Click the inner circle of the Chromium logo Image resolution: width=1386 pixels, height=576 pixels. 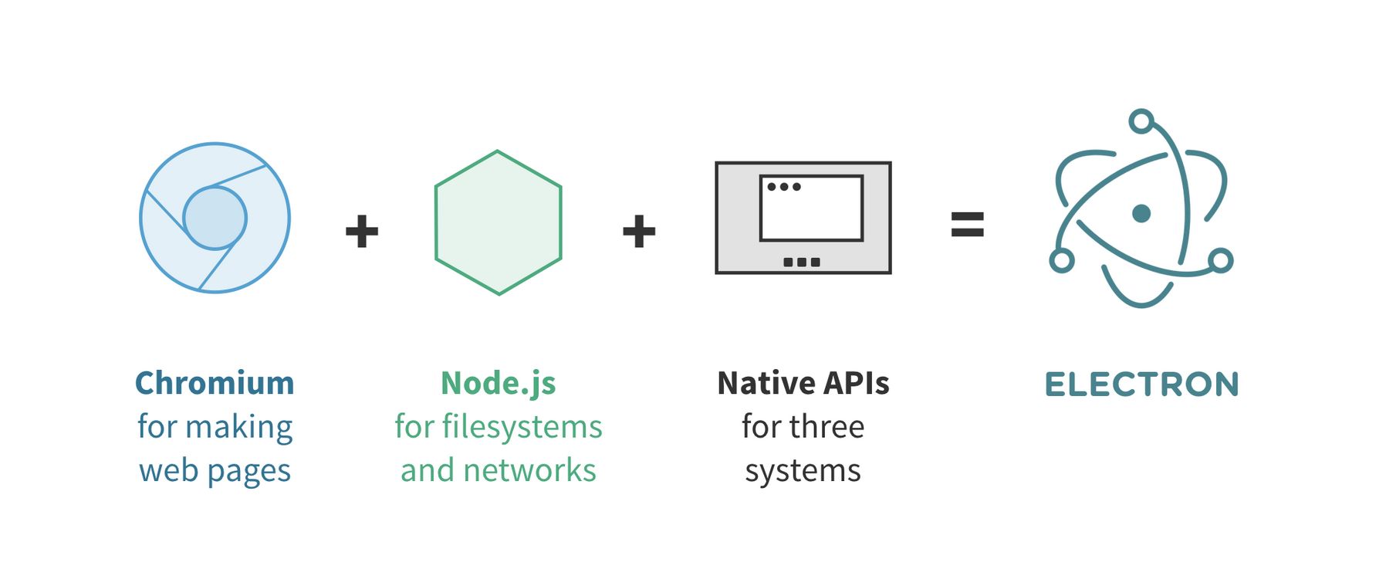click(215, 218)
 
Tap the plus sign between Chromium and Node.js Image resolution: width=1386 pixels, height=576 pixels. click(362, 231)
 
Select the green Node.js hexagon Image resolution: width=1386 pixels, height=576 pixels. click(499, 222)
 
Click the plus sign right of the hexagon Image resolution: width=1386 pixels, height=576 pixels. click(639, 231)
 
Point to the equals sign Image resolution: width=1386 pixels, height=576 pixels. click(967, 224)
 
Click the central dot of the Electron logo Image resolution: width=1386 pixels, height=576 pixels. click(1141, 213)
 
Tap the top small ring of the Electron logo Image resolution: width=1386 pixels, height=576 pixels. click(1141, 121)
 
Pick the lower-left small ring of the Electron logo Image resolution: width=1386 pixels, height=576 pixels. click(1062, 261)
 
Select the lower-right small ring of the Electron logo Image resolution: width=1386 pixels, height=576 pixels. click(1221, 260)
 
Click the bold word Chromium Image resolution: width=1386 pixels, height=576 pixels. click(215, 383)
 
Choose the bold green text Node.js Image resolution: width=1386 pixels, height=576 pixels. click(499, 383)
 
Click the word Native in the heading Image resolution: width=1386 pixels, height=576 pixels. click(766, 383)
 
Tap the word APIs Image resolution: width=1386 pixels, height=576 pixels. click(857, 383)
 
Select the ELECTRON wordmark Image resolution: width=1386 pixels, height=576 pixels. click(1141, 385)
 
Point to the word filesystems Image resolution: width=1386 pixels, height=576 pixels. click(522, 426)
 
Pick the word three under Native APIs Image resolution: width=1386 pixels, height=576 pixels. click(829, 426)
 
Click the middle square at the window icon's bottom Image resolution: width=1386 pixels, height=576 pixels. click(802, 262)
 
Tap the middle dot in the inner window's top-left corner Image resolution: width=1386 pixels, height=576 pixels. click(784, 186)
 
